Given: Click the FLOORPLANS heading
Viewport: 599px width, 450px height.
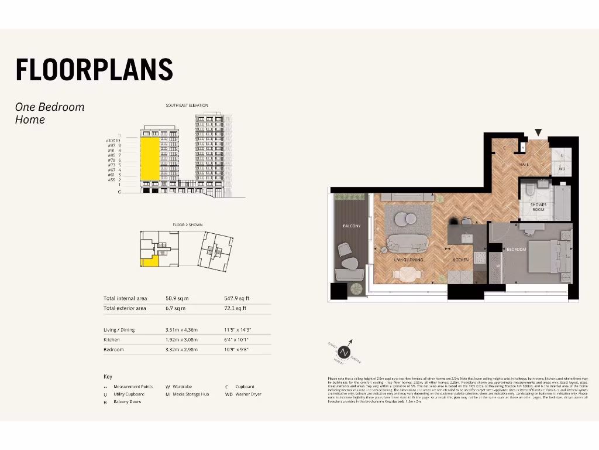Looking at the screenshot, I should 94,70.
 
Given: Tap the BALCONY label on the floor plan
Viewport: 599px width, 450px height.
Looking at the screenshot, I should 352,226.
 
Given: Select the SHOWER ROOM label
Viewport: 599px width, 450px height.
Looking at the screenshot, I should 538,207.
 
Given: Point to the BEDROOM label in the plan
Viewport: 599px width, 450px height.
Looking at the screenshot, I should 517,250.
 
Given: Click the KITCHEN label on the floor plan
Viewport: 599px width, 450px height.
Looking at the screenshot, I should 461,260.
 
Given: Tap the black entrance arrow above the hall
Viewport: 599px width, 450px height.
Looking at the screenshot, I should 538,133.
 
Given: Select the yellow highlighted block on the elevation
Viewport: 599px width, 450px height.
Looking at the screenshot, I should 149,159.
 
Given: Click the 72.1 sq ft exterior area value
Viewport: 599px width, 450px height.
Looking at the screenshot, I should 235,308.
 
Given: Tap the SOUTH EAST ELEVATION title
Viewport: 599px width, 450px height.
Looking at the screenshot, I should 187,105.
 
